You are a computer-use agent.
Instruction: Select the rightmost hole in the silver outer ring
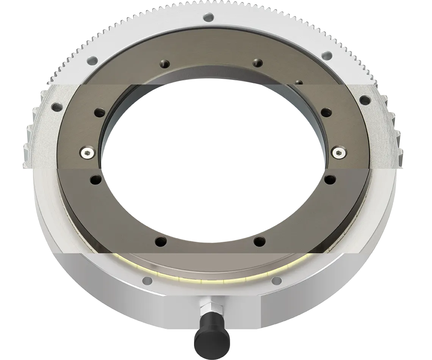(365, 100)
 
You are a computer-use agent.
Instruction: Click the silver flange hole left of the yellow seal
(147, 281)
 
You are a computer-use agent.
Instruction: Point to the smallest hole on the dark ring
(298, 81)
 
